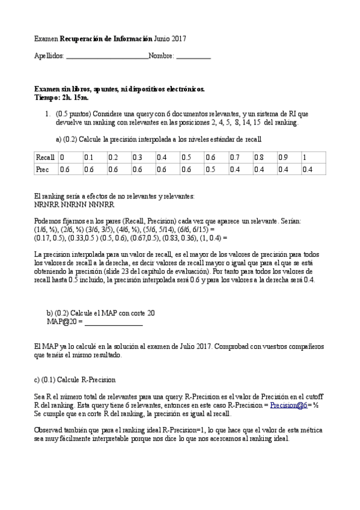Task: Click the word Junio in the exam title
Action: pyautogui.click(x=162, y=39)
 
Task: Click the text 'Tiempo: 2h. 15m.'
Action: pyautogui.click(x=61, y=97)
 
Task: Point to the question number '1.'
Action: pyautogui.click(x=47, y=113)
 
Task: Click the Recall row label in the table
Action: pyautogui.click(x=45, y=158)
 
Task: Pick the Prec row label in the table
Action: pyautogui.click(x=42, y=170)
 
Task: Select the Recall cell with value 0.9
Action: pyautogui.click(x=284, y=158)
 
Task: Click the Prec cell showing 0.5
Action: pyautogui.click(x=210, y=170)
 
